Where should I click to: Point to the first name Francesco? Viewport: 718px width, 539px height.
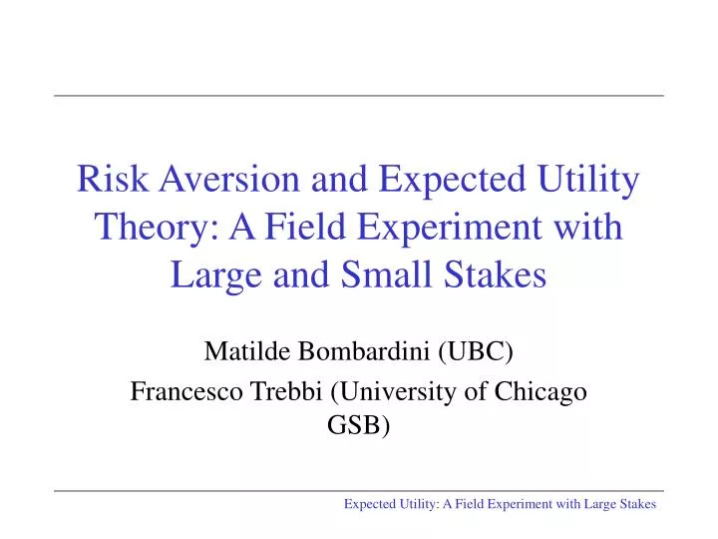tap(179, 392)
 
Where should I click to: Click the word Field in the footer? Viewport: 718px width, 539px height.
tap(460, 505)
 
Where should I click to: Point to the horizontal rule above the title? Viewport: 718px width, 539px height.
tap(359, 96)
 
